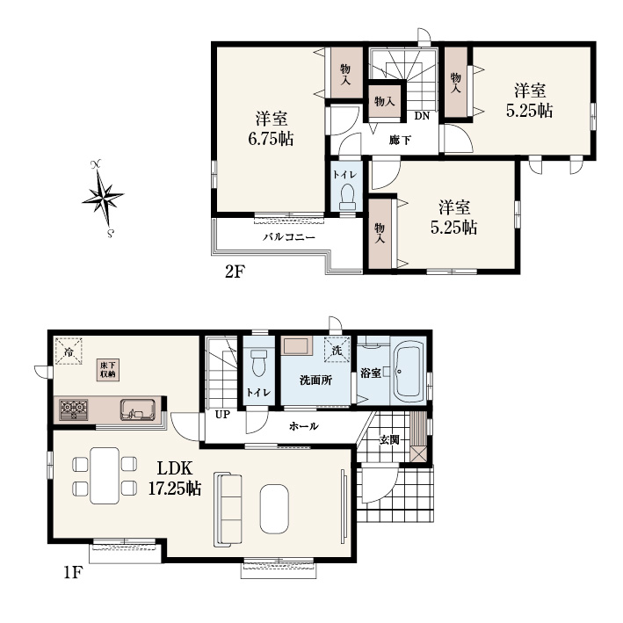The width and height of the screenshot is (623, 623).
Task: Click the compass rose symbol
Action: (x=103, y=198)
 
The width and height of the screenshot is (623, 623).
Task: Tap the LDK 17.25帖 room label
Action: (x=175, y=478)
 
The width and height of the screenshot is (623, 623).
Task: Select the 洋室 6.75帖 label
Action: (x=272, y=129)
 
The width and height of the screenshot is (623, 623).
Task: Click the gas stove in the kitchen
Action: (x=74, y=409)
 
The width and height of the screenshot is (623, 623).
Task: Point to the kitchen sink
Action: (x=137, y=409)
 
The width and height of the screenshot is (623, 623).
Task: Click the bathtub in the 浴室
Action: (x=407, y=372)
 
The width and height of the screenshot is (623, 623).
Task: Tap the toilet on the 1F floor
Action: (x=259, y=362)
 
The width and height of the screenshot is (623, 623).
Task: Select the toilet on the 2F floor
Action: (x=348, y=198)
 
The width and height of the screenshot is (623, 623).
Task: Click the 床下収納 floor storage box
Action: (x=108, y=370)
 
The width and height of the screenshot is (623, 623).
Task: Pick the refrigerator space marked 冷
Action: (x=69, y=351)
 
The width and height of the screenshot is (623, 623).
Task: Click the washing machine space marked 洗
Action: (x=337, y=350)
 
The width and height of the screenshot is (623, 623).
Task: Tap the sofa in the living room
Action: (x=228, y=510)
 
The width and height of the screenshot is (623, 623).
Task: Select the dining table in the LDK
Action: (x=105, y=475)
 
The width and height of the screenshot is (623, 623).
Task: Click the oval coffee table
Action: (x=274, y=509)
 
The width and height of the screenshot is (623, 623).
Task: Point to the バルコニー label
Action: (x=289, y=237)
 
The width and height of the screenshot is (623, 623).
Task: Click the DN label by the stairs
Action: (x=422, y=116)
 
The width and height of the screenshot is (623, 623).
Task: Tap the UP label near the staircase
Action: (x=222, y=415)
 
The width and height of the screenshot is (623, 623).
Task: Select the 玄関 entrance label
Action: (x=389, y=440)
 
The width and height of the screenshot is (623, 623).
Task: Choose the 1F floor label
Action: (x=73, y=573)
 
